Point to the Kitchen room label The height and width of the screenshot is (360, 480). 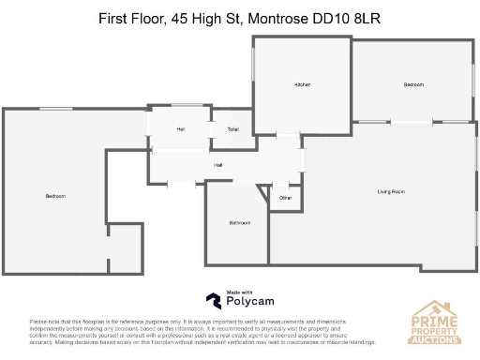point(302,85)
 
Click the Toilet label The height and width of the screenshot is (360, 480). point(233,128)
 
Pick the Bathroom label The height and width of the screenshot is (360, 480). point(239,222)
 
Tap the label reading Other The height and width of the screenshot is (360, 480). point(285,198)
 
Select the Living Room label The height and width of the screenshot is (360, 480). point(391,191)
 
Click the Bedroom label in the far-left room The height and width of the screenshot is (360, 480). point(55,195)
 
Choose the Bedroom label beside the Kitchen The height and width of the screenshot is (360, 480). point(413,85)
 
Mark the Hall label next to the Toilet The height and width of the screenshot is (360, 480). point(180,128)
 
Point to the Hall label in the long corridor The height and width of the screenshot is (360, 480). point(217,164)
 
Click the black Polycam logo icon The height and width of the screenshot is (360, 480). point(214,301)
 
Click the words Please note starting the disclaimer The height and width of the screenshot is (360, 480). point(44,322)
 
